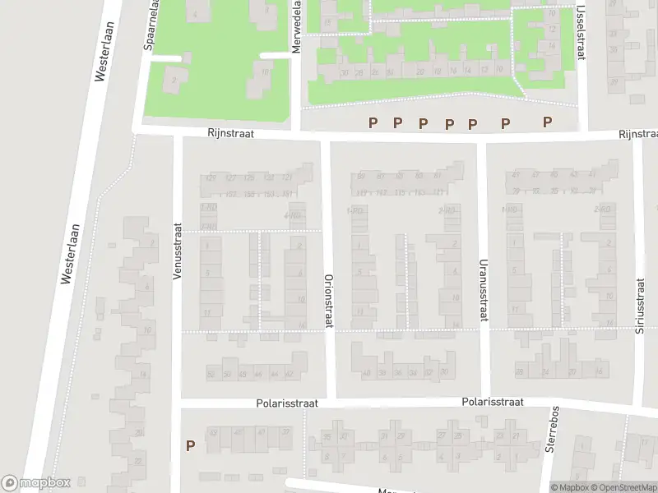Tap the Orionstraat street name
tap(328, 301)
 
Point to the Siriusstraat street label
tap(641, 306)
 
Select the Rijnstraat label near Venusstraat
tap(230, 132)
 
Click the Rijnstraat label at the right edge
tap(637, 134)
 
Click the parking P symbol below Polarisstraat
tap(190, 446)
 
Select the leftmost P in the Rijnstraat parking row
tap(373, 122)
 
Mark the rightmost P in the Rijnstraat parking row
tap(547, 122)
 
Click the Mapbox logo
tap(36, 483)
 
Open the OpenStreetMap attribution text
tap(621, 487)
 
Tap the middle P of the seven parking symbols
tap(449, 123)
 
